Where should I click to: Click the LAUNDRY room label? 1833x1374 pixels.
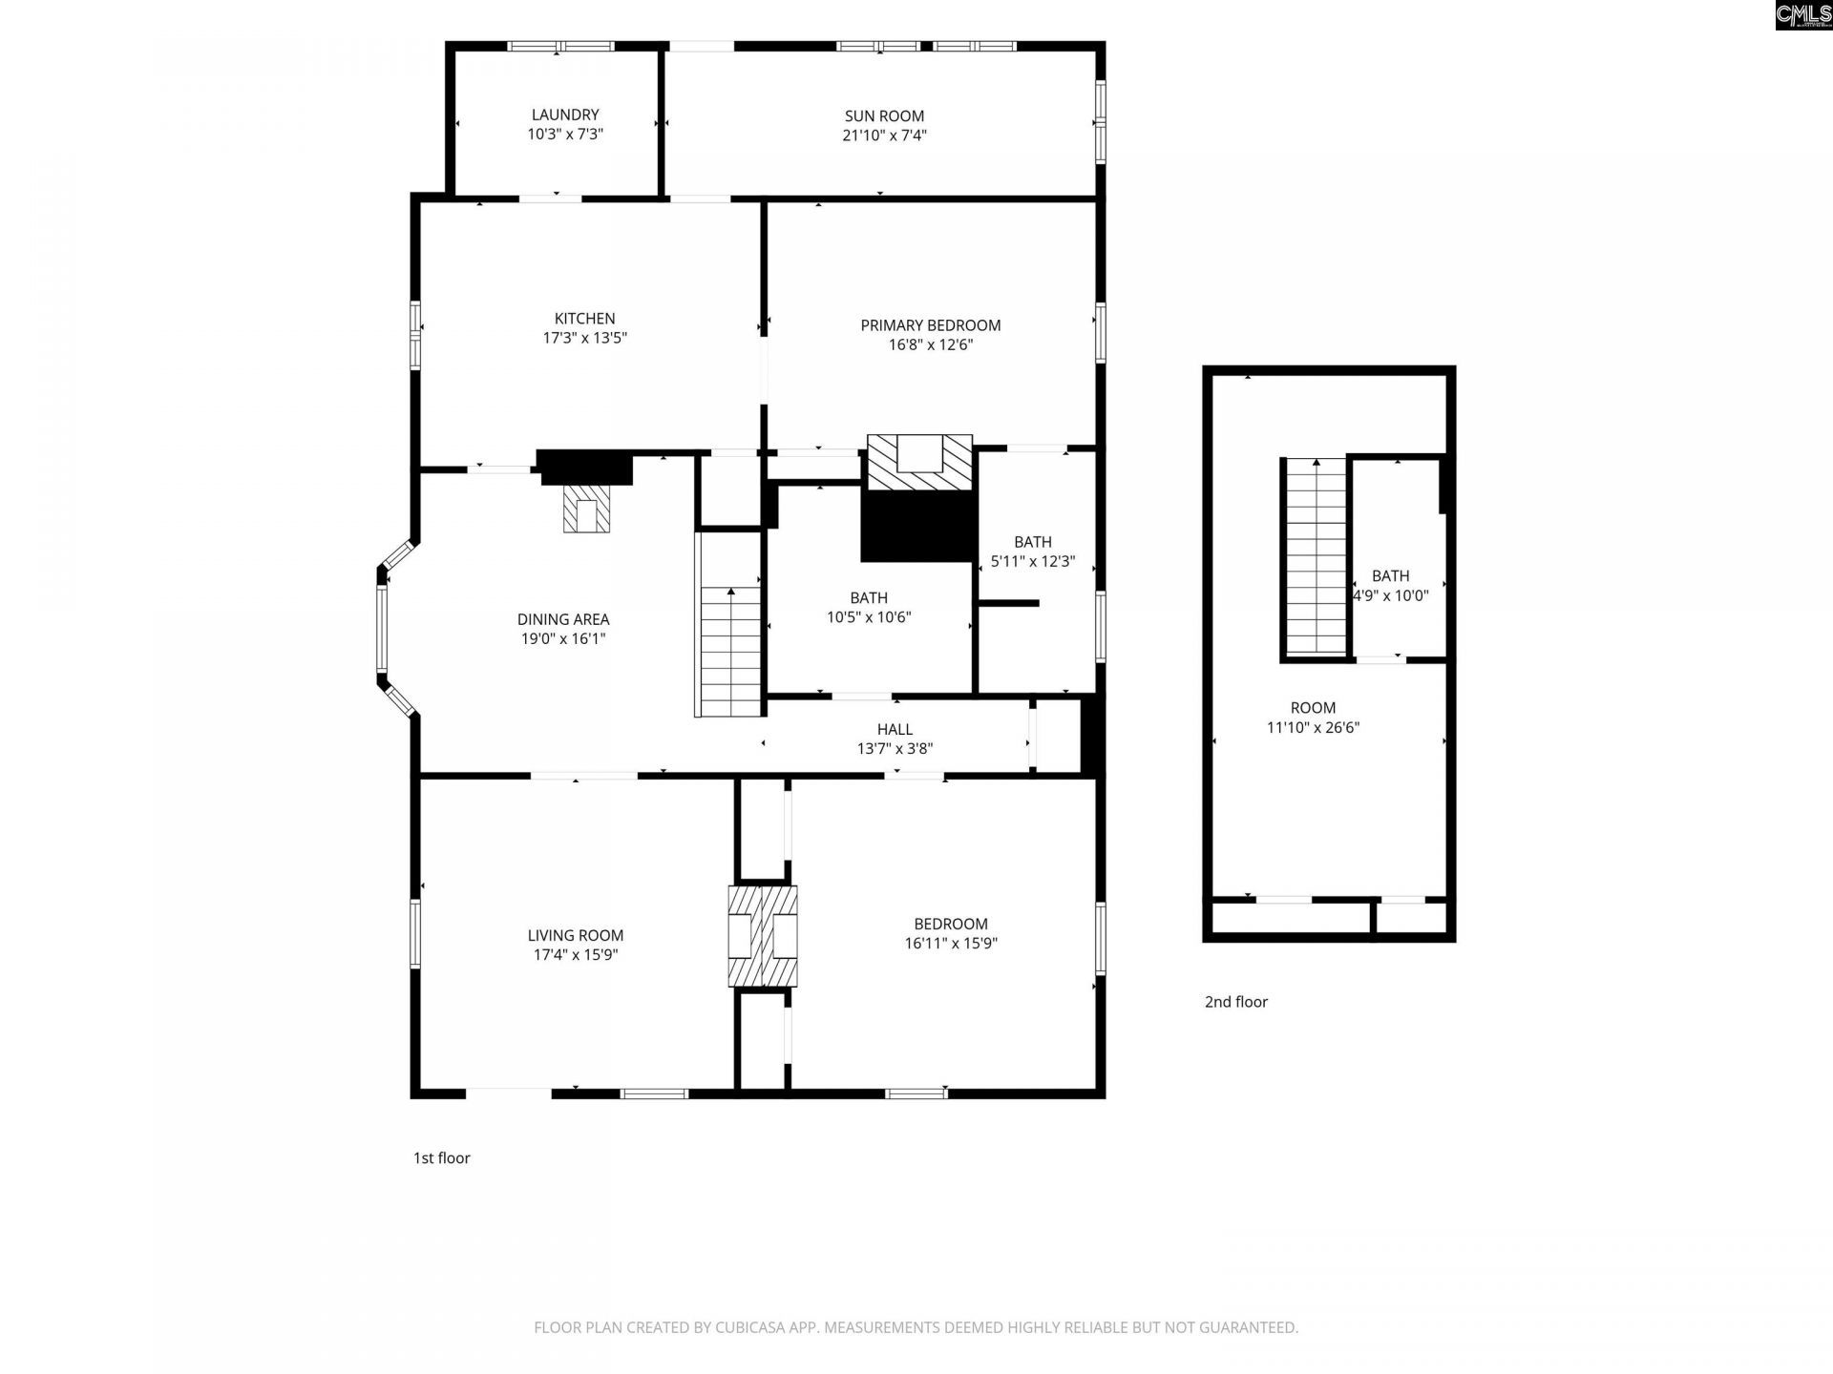(x=565, y=114)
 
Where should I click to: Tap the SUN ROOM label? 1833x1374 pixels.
(x=884, y=116)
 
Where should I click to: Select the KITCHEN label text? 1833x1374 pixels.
(x=585, y=319)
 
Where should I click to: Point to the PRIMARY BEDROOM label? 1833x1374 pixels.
(x=931, y=325)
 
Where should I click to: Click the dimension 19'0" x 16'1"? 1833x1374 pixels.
(x=563, y=638)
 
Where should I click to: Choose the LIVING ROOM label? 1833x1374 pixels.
(x=576, y=936)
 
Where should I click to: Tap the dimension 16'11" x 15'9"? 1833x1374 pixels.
(x=951, y=943)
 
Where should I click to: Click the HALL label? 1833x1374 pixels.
(x=895, y=730)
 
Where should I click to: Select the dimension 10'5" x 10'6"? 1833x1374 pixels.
(x=869, y=616)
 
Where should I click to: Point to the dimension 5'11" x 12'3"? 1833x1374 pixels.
(x=1033, y=561)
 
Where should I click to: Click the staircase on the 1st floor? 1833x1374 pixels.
(x=730, y=624)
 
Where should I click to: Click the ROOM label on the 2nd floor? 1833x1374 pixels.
(x=1313, y=708)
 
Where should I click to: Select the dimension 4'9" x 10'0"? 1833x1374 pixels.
(x=1391, y=595)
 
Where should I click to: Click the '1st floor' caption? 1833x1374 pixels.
(x=441, y=1158)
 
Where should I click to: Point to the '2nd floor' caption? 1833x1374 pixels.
(x=1236, y=1002)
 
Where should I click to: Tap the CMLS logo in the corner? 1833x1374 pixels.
(x=1803, y=14)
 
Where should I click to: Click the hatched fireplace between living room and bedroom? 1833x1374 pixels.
(x=763, y=936)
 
